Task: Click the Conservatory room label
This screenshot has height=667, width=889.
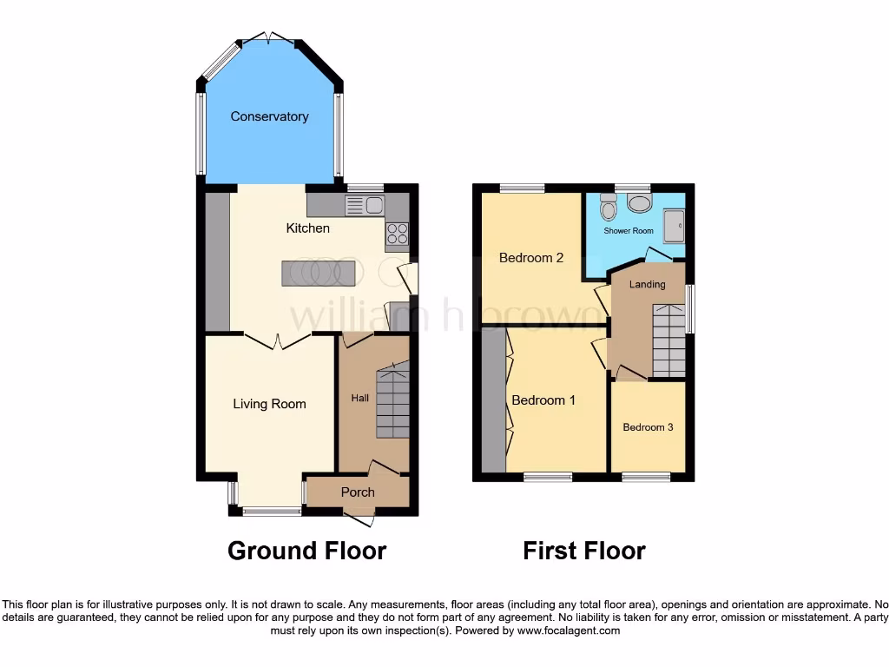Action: tap(269, 116)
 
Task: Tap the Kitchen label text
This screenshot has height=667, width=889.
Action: tap(308, 228)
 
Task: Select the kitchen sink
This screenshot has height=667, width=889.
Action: tap(365, 205)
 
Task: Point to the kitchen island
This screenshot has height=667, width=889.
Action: tap(318, 273)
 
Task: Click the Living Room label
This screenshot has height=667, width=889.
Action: tap(269, 404)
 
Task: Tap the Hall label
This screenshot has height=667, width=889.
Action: tap(359, 398)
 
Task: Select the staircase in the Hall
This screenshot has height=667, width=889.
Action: tap(392, 403)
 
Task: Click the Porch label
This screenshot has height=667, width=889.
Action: tap(358, 492)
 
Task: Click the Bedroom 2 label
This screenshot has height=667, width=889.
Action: tap(531, 258)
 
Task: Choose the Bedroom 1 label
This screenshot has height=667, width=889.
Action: tap(543, 400)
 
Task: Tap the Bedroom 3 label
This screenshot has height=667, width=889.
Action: tap(648, 427)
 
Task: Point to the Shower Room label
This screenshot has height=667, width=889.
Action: tap(629, 231)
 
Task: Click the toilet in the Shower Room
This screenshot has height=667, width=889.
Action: tap(608, 206)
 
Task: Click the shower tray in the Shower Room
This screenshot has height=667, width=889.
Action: tap(674, 226)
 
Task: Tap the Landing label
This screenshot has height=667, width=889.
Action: tap(647, 285)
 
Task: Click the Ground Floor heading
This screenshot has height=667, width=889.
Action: tap(306, 551)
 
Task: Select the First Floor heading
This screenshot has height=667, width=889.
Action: tap(583, 551)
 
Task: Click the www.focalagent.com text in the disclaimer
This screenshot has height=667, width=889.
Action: tap(569, 631)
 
